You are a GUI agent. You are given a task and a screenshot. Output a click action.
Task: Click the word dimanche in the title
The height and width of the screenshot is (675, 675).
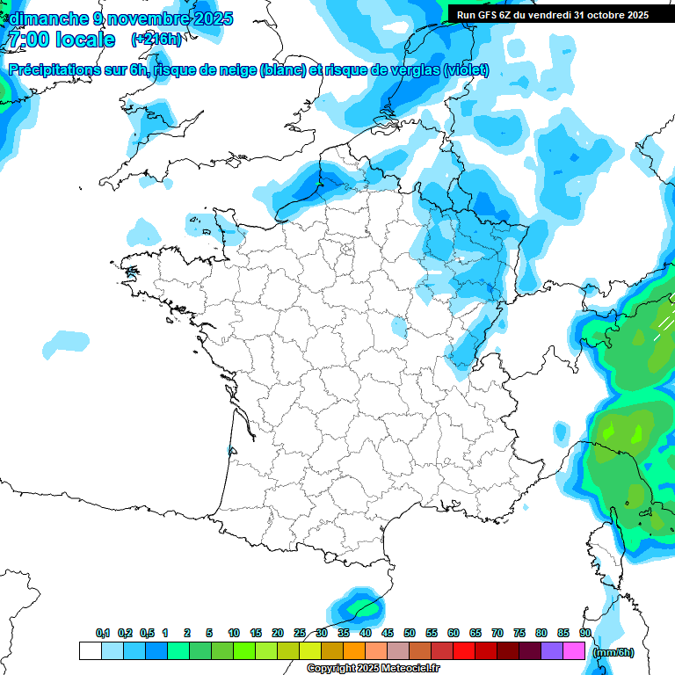[49, 18]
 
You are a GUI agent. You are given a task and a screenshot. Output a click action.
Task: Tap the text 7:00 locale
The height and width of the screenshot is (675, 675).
[61, 40]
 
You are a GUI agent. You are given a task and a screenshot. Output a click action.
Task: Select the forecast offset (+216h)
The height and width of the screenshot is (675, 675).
[156, 40]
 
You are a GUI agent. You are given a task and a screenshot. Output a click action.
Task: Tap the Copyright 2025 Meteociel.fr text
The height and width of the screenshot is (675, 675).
[373, 669]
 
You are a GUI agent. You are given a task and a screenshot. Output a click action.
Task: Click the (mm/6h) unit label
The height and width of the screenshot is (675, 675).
[612, 652]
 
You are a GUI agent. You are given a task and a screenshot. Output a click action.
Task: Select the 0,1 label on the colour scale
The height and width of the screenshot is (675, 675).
[103, 634]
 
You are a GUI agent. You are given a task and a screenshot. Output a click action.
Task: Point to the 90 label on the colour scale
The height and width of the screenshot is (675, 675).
[584, 634]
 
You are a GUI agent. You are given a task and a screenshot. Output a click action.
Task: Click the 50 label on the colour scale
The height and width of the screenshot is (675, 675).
[410, 634]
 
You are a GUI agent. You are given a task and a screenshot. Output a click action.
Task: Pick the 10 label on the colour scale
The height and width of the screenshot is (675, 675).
[234, 634]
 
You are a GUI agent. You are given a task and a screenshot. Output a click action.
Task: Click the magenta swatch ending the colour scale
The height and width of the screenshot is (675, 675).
[573, 650]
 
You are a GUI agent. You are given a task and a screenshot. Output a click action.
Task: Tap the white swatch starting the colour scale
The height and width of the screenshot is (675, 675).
[90, 650]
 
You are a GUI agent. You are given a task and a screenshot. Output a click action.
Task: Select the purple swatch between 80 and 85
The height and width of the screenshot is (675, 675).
[551, 650]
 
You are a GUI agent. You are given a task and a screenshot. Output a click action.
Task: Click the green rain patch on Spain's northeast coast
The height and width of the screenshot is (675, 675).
[359, 606]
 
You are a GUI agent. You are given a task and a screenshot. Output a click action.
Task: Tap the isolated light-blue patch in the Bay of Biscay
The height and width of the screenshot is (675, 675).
[66, 343]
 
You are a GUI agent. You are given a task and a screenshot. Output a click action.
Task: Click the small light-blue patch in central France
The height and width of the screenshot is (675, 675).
[400, 328]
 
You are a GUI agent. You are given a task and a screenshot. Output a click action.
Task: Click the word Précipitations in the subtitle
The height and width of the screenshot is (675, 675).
[53, 70]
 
